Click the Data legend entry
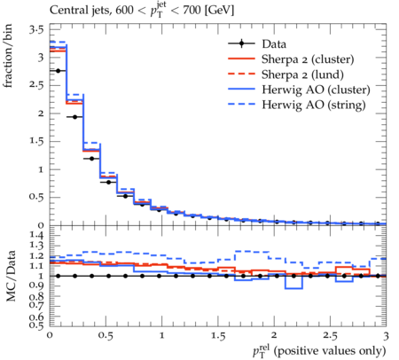click(274, 44)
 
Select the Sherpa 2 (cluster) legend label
click(308, 59)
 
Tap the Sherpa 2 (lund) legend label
click(302, 74)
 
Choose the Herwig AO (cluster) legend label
click(316, 90)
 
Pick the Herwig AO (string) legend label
click(314, 105)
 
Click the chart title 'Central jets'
click(80, 11)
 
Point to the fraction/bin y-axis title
click(8, 56)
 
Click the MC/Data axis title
click(11, 276)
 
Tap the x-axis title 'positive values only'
click(330, 351)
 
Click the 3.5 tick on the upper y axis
click(36, 29)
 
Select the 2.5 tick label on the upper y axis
click(36, 85)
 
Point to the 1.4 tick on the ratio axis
click(36, 236)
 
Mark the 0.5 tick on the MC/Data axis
click(36, 325)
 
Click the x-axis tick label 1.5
click(218, 336)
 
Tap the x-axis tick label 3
click(386, 336)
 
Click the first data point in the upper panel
click(58, 71)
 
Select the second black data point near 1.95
click(74, 117)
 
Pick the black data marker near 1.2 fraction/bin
click(91, 159)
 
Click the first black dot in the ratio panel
click(58, 276)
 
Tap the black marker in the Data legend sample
click(241, 44)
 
